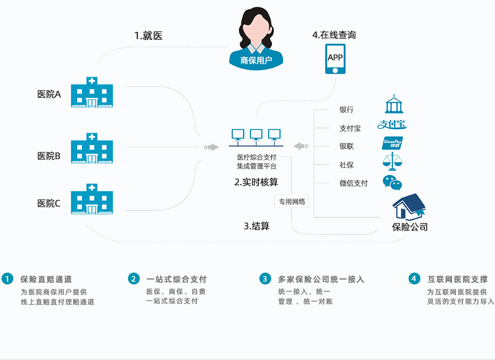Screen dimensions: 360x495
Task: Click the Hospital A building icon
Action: [92, 93]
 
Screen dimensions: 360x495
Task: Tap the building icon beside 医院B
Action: [92, 149]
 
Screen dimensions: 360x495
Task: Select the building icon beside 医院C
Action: [92, 200]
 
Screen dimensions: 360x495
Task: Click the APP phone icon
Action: [335, 59]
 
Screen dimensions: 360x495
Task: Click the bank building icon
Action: [394, 105]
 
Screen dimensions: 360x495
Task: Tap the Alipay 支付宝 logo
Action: [393, 124]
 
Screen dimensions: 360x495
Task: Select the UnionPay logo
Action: [393, 143]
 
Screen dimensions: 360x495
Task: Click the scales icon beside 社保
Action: [393, 161]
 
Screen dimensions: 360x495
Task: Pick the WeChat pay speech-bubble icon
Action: [393, 183]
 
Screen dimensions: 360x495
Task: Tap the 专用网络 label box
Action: [291, 201]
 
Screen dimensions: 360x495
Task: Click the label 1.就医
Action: [148, 36]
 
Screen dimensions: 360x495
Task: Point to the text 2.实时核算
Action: [256, 182]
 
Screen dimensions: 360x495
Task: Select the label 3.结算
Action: [256, 226]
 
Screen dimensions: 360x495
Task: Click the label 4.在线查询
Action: [334, 35]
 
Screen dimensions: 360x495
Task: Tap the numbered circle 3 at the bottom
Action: [265, 279]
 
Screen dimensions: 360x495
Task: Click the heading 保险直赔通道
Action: [46, 280]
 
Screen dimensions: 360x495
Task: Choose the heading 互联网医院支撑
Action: [457, 279]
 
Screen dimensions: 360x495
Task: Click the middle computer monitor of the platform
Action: [256, 134]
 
